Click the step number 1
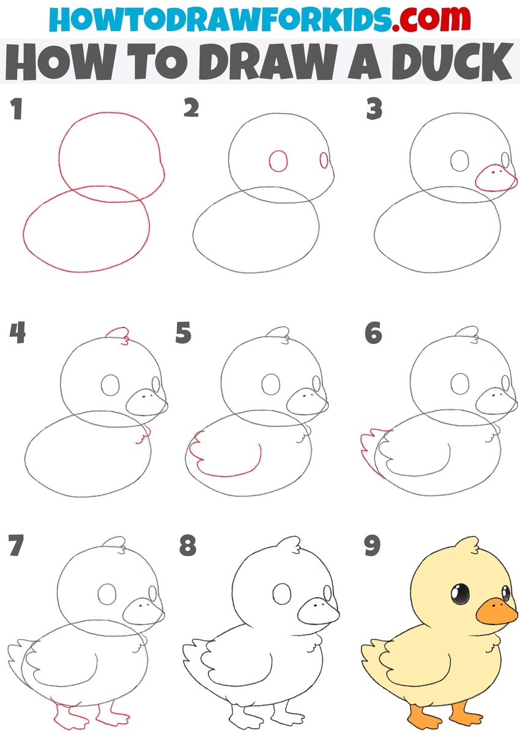click(x=17, y=109)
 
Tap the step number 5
click(x=184, y=333)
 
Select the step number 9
click(x=373, y=546)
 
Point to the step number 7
click(x=17, y=545)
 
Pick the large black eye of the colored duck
click(x=460, y=594)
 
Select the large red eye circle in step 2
click(x=278, y=161)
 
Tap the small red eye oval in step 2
click(x=324, y=160)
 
